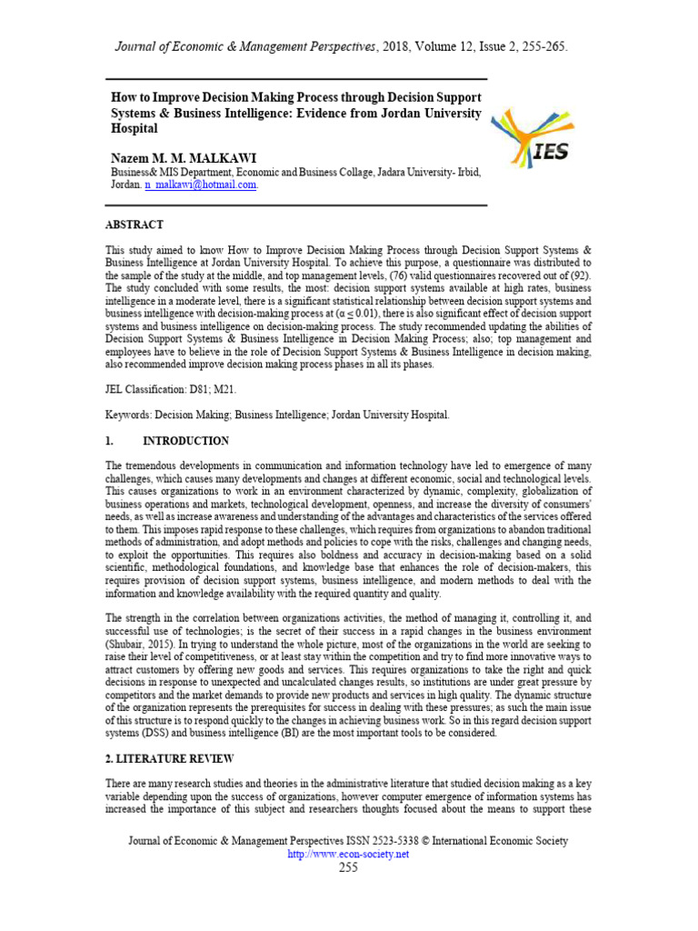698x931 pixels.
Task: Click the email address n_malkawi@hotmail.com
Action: [x=201, y=184]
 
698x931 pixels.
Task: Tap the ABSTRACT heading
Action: [x=135, y=224]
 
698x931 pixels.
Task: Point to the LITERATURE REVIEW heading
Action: [x=171, y=757]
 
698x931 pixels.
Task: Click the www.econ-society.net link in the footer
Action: [x=348, y=854]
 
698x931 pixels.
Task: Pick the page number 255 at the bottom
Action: [x=348, y=867]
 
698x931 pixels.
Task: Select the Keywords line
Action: [x=277, y=415]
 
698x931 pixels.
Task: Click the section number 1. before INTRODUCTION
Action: [x=110, y=441]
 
